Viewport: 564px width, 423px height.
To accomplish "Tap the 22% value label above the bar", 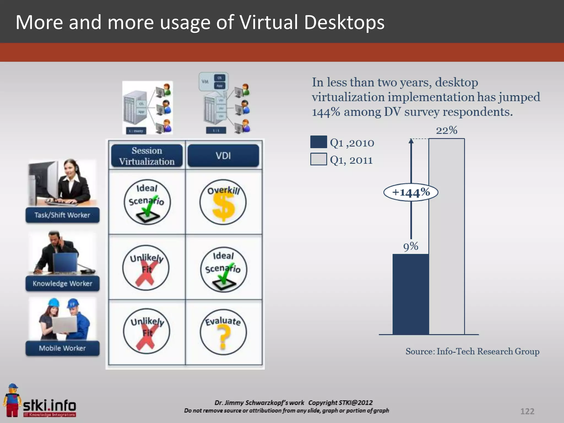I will point(446,130).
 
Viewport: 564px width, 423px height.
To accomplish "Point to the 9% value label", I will point(411,246).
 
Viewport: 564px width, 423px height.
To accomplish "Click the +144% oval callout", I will point(411,192).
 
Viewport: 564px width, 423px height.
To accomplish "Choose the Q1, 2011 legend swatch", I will point(319,159).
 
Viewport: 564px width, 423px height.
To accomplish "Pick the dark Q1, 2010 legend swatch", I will point(319,142).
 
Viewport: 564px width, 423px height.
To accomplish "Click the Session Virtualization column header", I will point(147,156).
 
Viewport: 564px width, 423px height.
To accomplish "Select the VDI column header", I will point(223,156).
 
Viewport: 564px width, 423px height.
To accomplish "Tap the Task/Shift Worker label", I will point(63,215).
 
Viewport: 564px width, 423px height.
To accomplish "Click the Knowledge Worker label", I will point(63,283).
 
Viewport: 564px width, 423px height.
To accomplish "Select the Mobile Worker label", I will point(63,348).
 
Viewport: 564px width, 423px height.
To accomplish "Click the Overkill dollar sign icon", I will point(223,202).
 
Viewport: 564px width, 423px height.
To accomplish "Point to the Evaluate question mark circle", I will point(223,332).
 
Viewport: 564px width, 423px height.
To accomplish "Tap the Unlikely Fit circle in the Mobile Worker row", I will point(147,331).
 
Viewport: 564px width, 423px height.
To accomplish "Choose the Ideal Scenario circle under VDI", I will point(223,269).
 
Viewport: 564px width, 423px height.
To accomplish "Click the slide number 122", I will point(527,411).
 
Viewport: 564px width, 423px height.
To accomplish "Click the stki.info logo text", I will point(50,406).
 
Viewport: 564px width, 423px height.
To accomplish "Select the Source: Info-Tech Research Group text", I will point(472,351).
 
